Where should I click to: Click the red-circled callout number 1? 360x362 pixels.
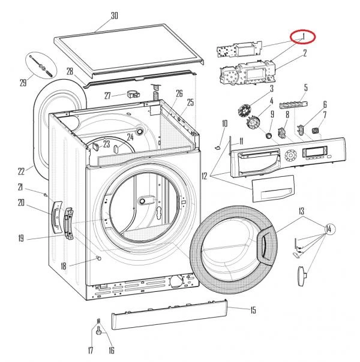[x=304, y=37]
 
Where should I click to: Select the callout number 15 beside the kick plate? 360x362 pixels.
[x=253, y=310]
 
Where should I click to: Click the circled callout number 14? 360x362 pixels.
[x=329, y=228]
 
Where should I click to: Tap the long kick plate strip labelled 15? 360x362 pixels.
[x=168, y=316]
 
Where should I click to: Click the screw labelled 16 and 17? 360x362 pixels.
[x=98, y=327]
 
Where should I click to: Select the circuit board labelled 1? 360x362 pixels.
[x=238, y=49]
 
